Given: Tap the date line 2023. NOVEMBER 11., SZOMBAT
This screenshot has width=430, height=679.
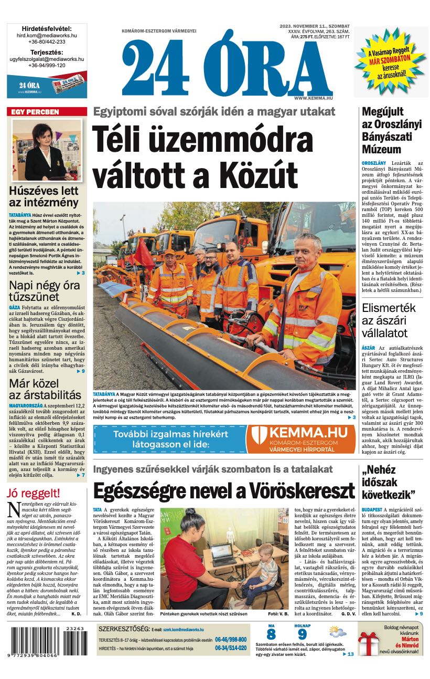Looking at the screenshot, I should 315,26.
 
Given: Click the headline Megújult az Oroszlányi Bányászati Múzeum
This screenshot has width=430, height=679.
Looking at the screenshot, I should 391,130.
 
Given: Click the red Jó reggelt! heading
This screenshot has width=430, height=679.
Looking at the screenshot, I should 34,493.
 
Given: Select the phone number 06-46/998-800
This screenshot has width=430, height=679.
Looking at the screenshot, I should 231,640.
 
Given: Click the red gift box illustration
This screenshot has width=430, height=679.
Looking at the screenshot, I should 369,645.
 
